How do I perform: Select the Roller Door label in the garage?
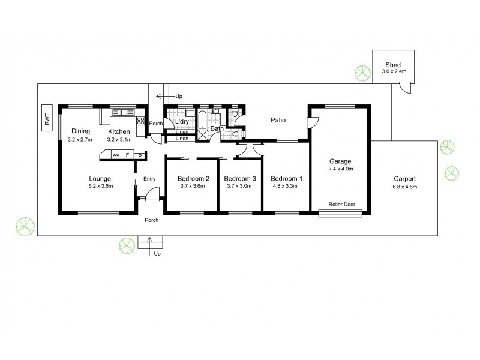[341, 205]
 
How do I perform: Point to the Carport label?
[404, 178]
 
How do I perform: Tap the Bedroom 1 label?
[286, 178]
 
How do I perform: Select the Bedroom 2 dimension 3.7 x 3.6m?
[193, 186]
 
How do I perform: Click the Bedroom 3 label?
[239, 178]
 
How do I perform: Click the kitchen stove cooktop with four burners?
[141, 120]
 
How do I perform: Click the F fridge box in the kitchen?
[127, 155]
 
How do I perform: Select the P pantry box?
[140, 156]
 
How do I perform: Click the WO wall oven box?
[114, 155]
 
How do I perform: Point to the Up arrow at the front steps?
[150, 243]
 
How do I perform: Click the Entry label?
[149, 178]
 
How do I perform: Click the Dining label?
[80, 131]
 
